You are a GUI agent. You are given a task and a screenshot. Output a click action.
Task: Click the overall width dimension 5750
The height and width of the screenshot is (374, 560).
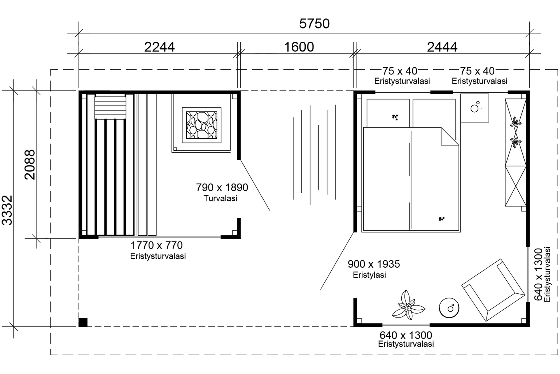pyautogui.click(x=314, y=24)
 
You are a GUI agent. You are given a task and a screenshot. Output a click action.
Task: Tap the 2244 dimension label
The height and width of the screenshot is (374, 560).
pyautogui.click(x=159, y=47)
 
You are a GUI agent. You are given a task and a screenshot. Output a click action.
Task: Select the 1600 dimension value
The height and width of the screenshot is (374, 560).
pyautogui.click(x=299, y=47)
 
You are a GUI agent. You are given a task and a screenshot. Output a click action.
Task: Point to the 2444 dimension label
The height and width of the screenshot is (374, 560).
pyautogui.click(x=442, y=47)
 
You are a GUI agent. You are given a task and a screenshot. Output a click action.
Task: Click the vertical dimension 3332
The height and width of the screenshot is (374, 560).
pyautogui.click(x=8, y=210)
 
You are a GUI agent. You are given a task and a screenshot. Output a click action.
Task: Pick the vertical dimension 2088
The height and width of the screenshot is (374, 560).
pyautogui.click(x=30, y=164)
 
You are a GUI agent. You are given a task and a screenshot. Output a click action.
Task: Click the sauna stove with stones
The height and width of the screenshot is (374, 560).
pyautogui.click(x=201, y=125)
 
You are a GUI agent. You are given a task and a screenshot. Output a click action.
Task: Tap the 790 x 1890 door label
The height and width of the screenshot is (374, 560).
pyautogui.click(x=222, y=188)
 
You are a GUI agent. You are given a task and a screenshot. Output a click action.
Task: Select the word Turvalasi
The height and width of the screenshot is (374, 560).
pyautogui.click(x=220, y=198)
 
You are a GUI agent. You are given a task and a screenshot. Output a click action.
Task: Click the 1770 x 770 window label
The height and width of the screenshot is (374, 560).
pyautogui.click(x=156, y=245)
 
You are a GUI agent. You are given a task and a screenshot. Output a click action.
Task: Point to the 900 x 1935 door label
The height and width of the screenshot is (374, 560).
pyautogui.click(x=374, y=264)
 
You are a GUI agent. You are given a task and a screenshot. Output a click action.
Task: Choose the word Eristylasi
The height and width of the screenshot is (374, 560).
pyautogui.click(x=369, y=275)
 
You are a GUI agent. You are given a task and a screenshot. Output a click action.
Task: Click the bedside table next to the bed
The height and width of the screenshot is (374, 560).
pyautogui.click(x=474, y=108)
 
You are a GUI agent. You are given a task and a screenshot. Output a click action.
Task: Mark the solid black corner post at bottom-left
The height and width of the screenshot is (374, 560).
pyautogui.click(x=83, y=322)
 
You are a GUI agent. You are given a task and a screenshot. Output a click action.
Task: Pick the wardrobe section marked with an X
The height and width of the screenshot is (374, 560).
pyautogui.click(x=516, y=186)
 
